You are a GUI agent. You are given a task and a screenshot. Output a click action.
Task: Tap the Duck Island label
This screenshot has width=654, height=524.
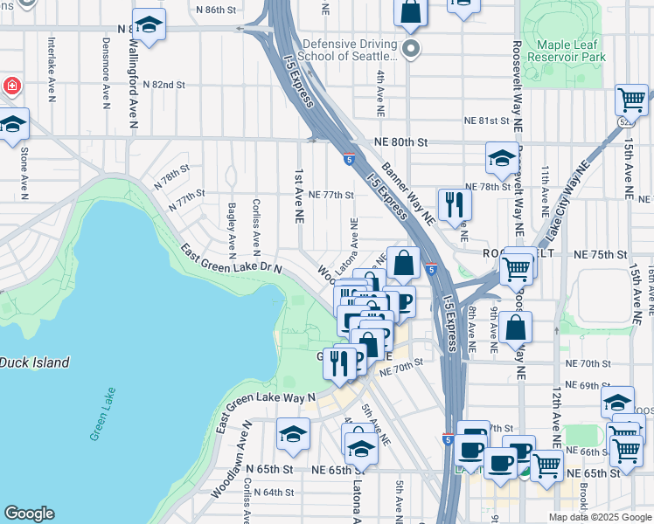33,362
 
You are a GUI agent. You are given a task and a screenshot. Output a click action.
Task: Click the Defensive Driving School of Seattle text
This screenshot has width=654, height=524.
349,50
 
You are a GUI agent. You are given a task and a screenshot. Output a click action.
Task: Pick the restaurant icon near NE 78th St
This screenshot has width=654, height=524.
454,203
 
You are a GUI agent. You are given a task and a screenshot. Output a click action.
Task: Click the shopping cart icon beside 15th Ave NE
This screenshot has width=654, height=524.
631,100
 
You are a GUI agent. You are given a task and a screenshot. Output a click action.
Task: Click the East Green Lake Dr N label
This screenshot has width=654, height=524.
231,259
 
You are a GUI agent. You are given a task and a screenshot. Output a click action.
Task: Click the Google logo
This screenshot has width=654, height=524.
29,514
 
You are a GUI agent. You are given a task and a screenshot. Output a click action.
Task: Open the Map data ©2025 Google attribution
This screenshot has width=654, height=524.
599,517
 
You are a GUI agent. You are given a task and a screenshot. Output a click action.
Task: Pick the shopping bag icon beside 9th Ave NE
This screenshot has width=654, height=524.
517,328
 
